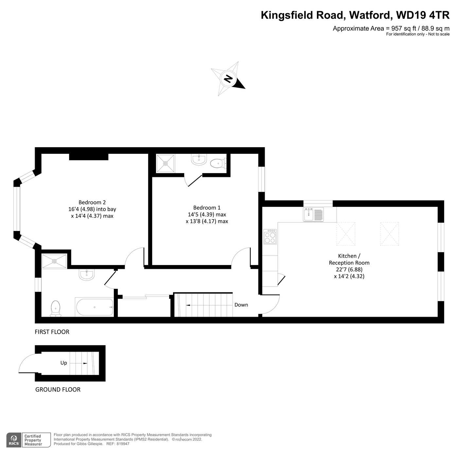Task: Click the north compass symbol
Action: tap(228, 79)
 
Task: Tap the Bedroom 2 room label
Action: tap(92, 209)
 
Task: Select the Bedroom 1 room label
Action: tap(207, 214)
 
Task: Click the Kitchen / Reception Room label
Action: tap(349, 266)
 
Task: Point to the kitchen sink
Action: tap(313, 215)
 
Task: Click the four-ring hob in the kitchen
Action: tap(270, 237)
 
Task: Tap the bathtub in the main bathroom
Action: tap(94, 307)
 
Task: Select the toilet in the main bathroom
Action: tap(56, 308)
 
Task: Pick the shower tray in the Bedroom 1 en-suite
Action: tap(165, 163)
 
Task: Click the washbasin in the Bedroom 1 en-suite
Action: tap(198, 159)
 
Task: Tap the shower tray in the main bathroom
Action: tap(54, 261)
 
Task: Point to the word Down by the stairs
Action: tap(241, 305)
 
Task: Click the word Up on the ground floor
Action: tap(63, 363)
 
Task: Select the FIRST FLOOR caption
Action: tap(52, 332)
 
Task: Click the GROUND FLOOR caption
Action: tap(58, 389)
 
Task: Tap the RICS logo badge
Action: tap(14, 440)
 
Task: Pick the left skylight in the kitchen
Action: tap(346, 234)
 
